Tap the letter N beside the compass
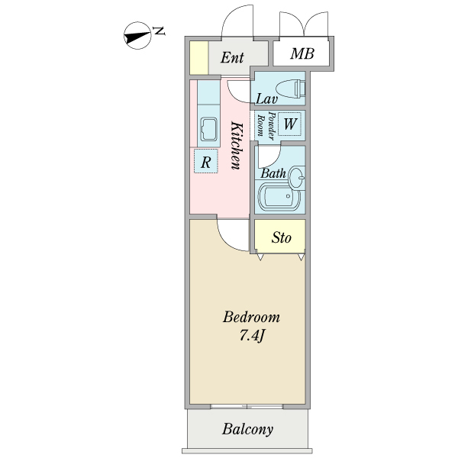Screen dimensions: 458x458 159,31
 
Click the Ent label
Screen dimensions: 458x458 232,57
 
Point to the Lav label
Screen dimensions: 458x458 266,98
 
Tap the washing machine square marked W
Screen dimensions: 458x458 291,123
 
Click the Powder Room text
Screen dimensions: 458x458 265,125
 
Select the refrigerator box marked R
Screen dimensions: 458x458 206,161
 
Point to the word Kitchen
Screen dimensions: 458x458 237,145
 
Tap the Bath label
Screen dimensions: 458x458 273,173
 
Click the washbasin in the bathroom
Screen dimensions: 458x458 296,179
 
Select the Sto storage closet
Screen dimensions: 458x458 281,237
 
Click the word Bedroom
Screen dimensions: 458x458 251,317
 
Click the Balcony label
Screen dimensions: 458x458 247,430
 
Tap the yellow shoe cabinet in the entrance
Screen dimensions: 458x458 198,57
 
